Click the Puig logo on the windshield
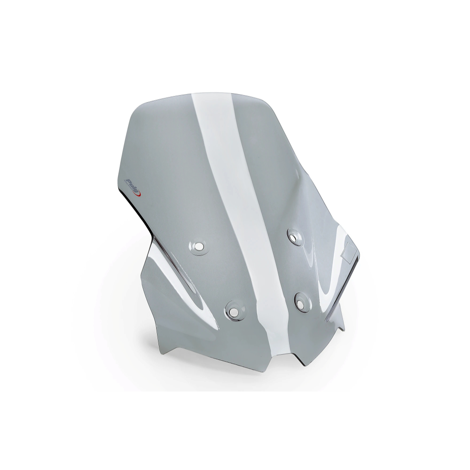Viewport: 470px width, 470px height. [x=134, y=187]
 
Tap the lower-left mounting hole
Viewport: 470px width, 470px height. [x=231, y=312]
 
